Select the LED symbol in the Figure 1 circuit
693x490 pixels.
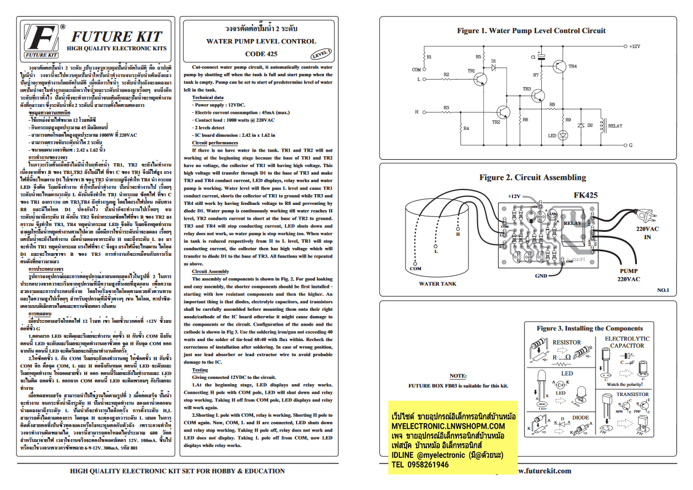coord(562,135)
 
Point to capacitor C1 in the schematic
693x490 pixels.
coord(541,57)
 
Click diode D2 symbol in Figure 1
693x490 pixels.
coord(581,125)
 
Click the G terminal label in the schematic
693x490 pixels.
coord(631,145)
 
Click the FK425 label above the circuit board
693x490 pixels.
coord(585,195)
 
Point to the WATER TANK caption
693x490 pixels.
coord(438,283)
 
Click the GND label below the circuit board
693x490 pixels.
coord(541,275)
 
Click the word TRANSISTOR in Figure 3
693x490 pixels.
coord(632,394)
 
